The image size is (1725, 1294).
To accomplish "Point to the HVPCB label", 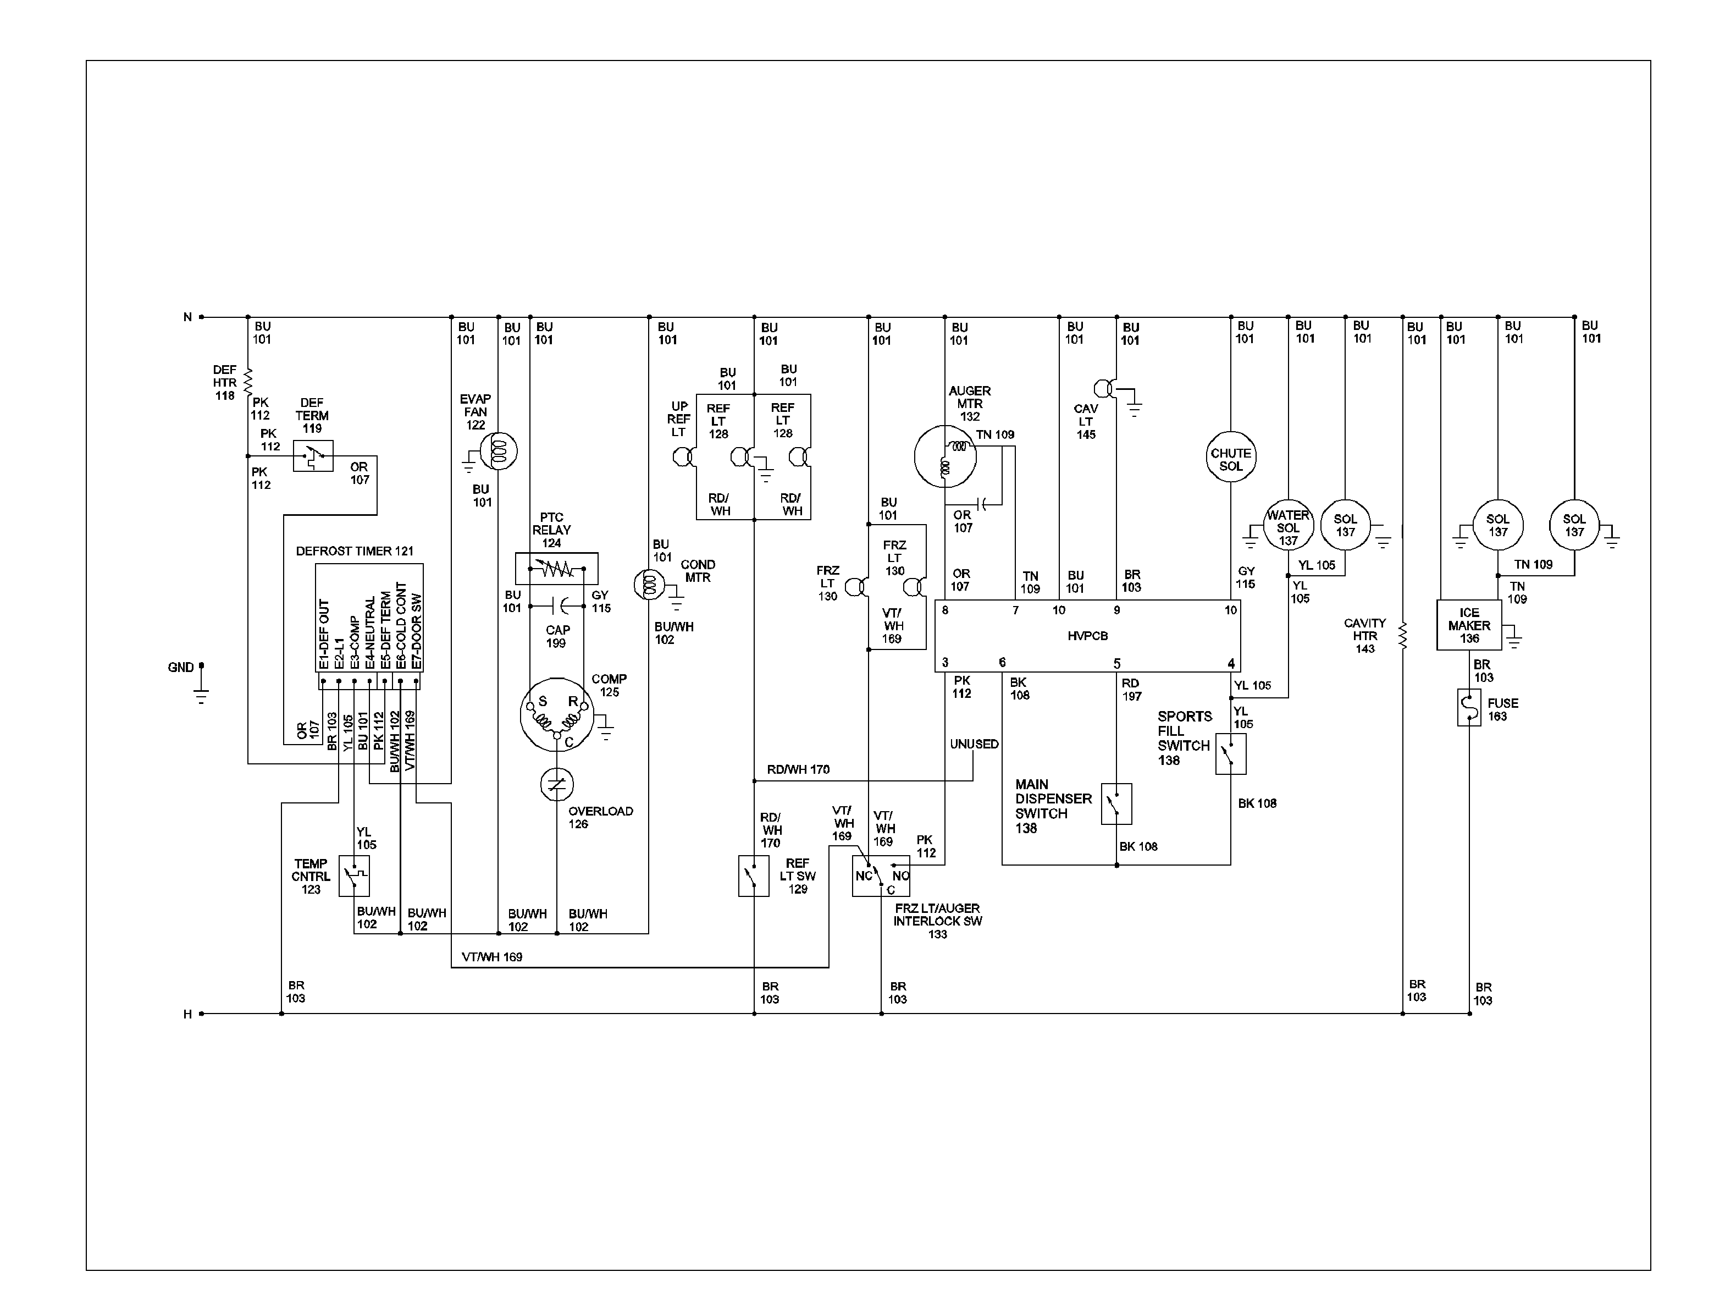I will click(x=1087, y=636).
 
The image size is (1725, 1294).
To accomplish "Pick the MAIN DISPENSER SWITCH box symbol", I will click(x=1116, y=803).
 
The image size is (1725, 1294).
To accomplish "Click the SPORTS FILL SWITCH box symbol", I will click(x=1231, y=753).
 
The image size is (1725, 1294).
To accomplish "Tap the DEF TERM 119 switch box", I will click(x=313, y=455).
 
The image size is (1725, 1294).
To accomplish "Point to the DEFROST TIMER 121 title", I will click(x=354, y=550).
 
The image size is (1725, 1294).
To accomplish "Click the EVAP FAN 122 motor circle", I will click(x=499, y=451).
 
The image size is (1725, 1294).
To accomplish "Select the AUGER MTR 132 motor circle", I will click(x=944, y=456).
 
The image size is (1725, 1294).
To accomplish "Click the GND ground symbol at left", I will click(x=201, y=686).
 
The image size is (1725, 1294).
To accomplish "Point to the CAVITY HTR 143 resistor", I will click(x=1402, y=636).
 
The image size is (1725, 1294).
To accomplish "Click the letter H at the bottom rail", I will click(x=187, y=1014).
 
